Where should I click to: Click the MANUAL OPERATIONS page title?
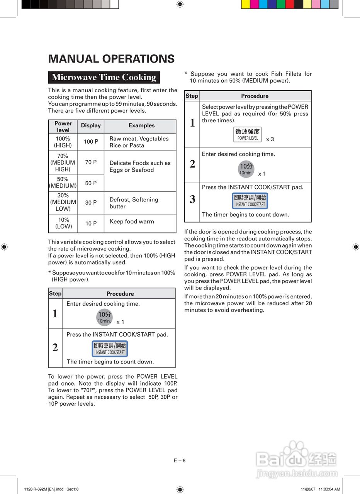point(111,59)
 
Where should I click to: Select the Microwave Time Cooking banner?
point(104,77)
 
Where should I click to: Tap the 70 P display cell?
point(91,162)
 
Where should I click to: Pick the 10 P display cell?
point(91,223)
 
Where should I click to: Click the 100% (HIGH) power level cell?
point(63,142)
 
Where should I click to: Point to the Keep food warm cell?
point(132,222)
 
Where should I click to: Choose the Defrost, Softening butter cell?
point(134,203)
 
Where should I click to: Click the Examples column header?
point(141,125)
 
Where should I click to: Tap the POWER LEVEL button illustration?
point(248,134)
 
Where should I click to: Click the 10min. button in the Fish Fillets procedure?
point(246,169)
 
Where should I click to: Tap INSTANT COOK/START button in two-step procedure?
point(110,349)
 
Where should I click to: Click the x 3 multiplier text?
point(270,139)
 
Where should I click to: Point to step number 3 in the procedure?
point(192,200)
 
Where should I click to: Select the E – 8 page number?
point(180,460)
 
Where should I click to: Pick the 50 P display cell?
point(91,183)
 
